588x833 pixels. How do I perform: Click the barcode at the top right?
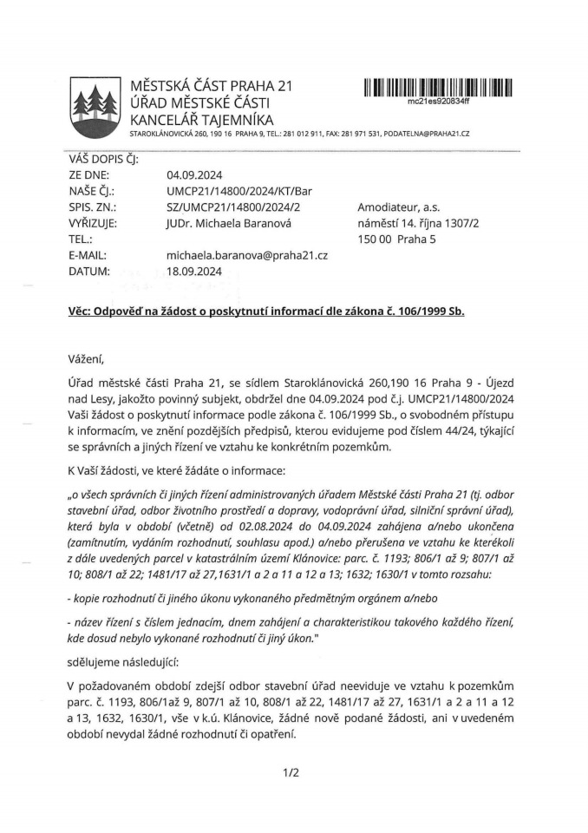click(439, 87)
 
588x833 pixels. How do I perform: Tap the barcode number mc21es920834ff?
click(438, 102)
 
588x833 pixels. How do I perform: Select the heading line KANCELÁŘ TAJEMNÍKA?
click(201, 119)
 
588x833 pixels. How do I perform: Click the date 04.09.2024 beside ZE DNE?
click(193, 174)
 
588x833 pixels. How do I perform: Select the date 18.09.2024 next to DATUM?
click(193, 271)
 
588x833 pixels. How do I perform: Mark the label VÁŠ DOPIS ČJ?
click(103, 159)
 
